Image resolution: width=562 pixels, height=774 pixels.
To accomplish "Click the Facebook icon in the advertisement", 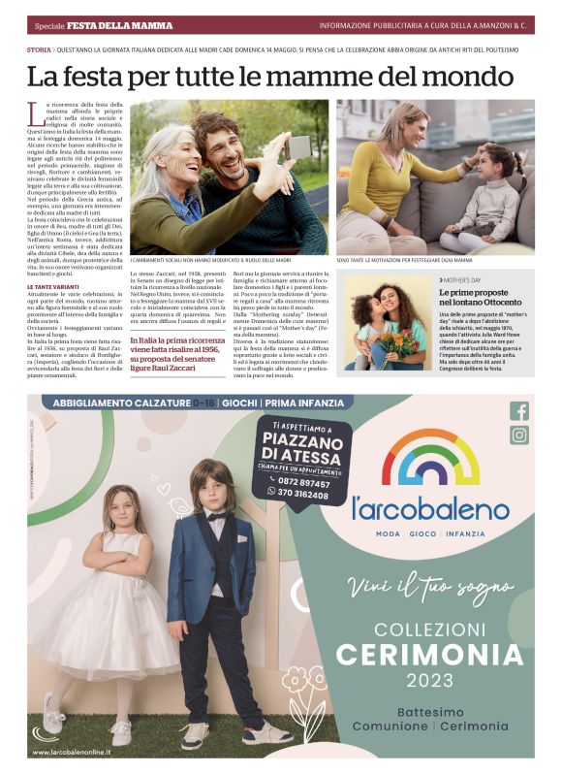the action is point(519,411).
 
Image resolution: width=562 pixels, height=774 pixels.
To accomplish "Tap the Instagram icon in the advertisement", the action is point(519,435).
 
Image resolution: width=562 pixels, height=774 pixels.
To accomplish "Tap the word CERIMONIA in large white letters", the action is point(429,653).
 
